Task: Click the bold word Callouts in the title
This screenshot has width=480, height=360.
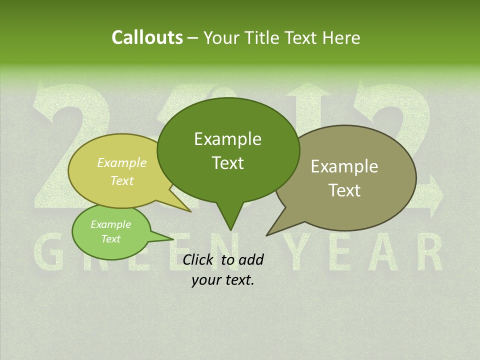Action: point(147,38)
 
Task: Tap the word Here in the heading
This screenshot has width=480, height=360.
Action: point(341,38)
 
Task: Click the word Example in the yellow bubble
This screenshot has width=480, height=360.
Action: point(122,163)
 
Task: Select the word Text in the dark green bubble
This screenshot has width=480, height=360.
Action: point(228,163)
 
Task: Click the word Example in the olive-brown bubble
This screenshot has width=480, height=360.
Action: point(344,166)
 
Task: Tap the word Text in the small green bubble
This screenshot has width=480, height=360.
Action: point(110,239)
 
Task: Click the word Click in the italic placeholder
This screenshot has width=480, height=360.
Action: point(198,259)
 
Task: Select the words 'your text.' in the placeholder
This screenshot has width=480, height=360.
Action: point(223,280)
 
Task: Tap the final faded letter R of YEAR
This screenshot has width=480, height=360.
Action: point(429,252)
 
